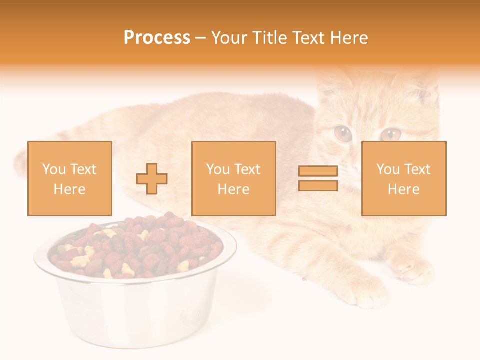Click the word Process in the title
pos(157,38)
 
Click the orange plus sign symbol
pos(152,179)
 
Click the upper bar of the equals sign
pos(318,171)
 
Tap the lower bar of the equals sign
pos(318,186)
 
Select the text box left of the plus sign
pos(70,179)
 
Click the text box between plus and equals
pos(233,179)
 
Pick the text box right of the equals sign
pos(404,179)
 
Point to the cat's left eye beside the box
pos(343,133)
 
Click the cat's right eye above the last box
pos(391,133)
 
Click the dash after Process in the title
pos(200,38)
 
